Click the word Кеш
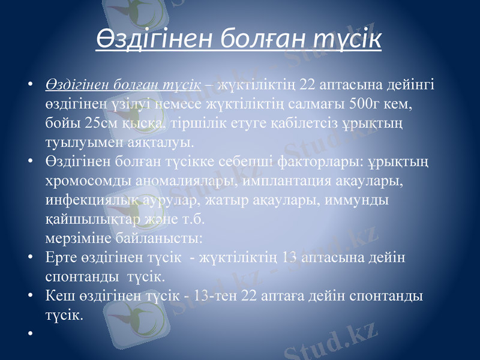(59, 296)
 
